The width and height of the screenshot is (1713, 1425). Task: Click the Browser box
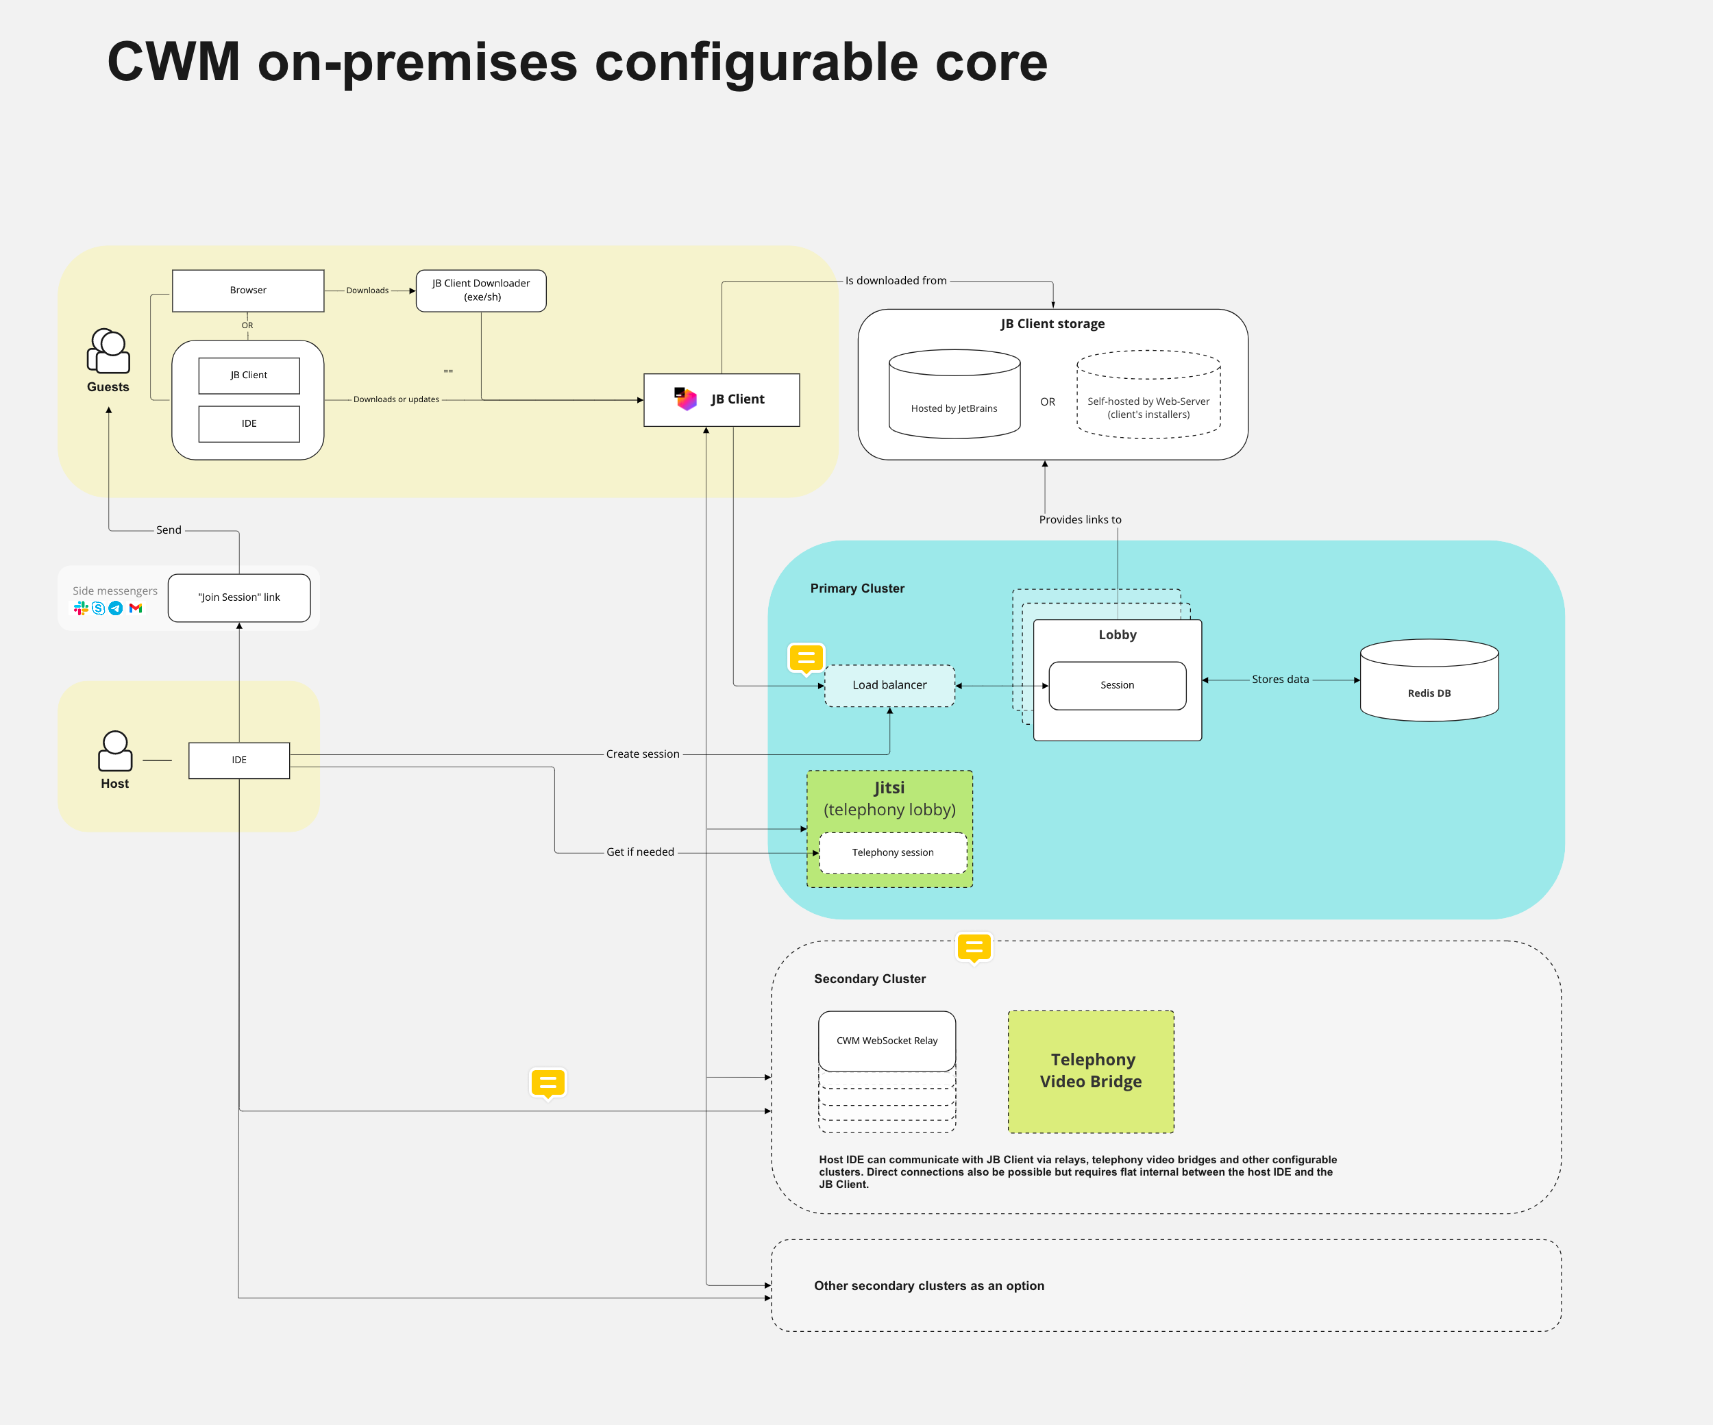(x=248, y=290)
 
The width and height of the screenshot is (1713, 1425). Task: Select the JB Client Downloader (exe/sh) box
(x=481, y=290)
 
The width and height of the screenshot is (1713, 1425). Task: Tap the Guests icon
(x=108, y=351)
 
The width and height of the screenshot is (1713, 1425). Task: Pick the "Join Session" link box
(x=239, y=598)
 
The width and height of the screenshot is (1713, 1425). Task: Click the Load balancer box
(x=889, y=685)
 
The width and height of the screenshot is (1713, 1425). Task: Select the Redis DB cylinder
(x=1429, y=680)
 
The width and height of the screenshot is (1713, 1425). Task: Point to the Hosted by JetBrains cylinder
(x=954, y=395)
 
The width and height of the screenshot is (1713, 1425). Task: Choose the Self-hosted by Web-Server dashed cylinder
(x=1148, y=395)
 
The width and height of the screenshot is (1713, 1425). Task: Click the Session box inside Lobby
(x=1117, y=685)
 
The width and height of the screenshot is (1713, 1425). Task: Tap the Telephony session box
(x=892, y=852)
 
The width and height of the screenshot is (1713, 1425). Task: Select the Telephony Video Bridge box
(x=1091, y=1071)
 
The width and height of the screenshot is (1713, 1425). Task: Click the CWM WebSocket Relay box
(x=887, y=1041)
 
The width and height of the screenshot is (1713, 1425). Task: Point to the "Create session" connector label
(x=643, y=754)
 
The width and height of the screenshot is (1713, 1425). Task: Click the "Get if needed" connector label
(x=641, y=852)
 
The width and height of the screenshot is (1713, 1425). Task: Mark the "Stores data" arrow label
(x=1280, y=680)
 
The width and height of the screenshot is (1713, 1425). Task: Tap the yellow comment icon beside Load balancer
(x=806, y=658)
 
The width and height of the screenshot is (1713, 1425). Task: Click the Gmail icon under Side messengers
(x=136, y=608)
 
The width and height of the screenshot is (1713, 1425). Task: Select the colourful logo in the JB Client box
(x=685, y=399)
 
